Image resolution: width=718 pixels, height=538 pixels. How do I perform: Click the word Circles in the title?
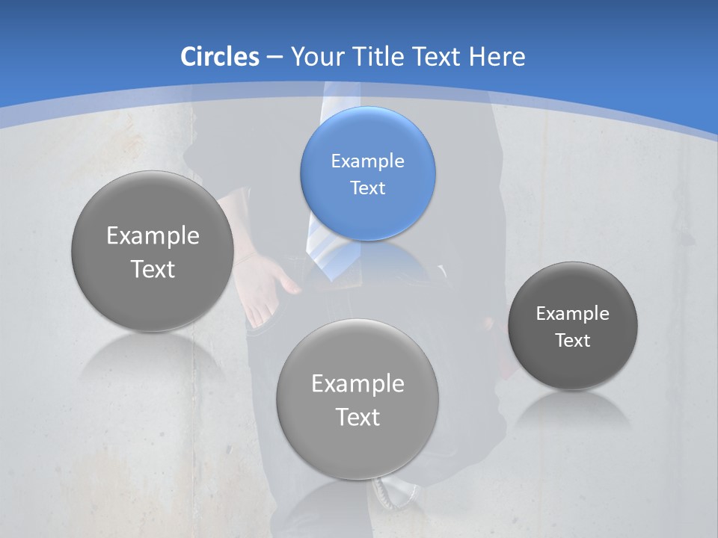pos(219,57)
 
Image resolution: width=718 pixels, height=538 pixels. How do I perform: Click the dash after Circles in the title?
pos(274,58)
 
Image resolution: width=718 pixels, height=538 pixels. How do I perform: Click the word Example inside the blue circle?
pos(367,161)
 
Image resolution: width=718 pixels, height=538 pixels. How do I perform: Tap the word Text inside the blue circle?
pos(367,188)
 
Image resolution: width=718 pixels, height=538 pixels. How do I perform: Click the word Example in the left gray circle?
pos(153,236)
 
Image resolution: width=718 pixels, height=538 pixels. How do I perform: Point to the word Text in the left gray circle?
pos(153,269)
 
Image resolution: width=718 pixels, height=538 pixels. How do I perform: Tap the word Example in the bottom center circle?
pos(358,384)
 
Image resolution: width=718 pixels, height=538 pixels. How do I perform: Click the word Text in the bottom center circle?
pos(358,417)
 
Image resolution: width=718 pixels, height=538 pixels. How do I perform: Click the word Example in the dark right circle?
pos(573,314)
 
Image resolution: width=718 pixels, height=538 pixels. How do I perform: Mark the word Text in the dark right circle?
pos(573,341)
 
